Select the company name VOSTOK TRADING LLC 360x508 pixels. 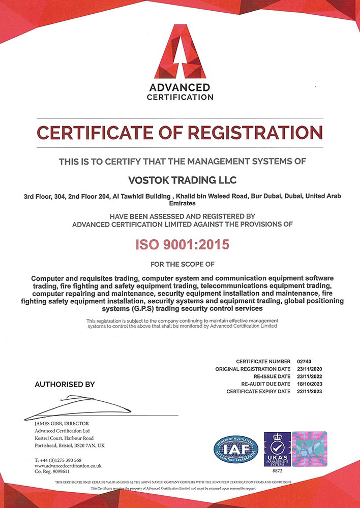pos(180,180)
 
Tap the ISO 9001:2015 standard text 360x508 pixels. pos(182,244)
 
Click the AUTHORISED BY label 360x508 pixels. pos(65,385)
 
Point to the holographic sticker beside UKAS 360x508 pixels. pos(309,449)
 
